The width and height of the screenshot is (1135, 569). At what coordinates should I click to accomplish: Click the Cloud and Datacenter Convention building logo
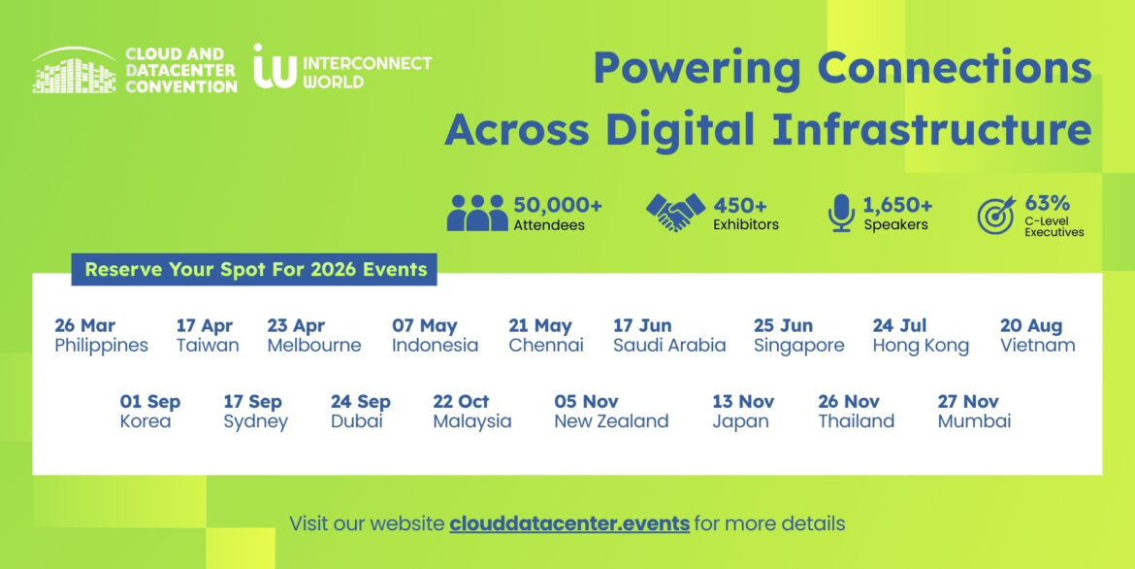pos(78,71)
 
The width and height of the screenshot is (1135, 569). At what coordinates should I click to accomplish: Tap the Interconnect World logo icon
pos(275,67)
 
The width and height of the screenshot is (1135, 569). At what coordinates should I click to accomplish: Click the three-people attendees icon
pos(476,214)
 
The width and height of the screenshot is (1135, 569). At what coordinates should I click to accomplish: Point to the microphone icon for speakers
pos(840,214)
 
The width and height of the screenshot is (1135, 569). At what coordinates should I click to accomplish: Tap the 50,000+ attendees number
pos(558,205)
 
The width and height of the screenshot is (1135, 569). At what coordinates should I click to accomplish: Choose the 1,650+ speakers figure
pos(897,205)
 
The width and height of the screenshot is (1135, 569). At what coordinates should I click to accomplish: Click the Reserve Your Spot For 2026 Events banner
pos(255,269)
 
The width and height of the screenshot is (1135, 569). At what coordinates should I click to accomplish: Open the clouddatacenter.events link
pos(569,523)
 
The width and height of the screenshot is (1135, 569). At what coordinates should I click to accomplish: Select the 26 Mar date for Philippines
pos(84,325)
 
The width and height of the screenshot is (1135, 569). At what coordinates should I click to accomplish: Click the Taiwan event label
pos(208,346)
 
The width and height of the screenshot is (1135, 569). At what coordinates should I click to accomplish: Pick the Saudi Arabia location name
pos(669,346)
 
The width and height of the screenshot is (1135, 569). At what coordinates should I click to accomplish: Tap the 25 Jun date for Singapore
pos(783,325)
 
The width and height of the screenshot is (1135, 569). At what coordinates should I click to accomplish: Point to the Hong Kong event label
pos(921,346)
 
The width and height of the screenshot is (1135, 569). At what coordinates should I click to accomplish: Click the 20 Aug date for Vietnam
pos(1031,325)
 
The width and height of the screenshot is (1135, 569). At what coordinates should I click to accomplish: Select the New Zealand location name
pos(611,421)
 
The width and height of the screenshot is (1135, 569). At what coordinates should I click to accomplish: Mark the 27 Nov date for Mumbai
pos(968,401)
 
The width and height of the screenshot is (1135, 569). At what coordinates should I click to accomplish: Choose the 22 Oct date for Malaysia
pos(461,401)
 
